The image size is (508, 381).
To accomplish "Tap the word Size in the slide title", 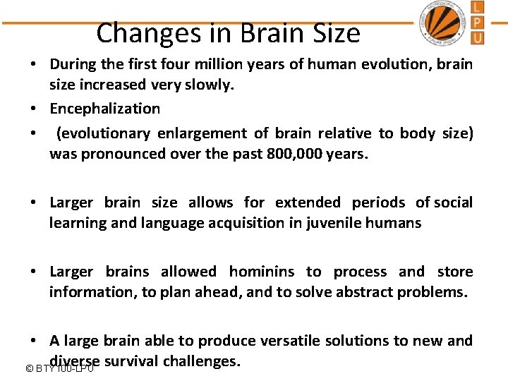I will coord(334,33).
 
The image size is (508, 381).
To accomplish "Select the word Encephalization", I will coord(104,109).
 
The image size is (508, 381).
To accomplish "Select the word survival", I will coord(131,361).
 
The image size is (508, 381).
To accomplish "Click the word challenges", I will coord(202,361).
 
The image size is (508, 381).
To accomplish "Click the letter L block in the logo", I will coord(478,8).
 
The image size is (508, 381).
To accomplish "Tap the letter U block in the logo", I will coord(478,37).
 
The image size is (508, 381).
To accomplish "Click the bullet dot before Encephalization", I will coord(33,109).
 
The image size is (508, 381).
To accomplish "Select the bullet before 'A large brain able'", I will coord(33,341).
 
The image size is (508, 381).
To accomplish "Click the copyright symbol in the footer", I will coord(29,368).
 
